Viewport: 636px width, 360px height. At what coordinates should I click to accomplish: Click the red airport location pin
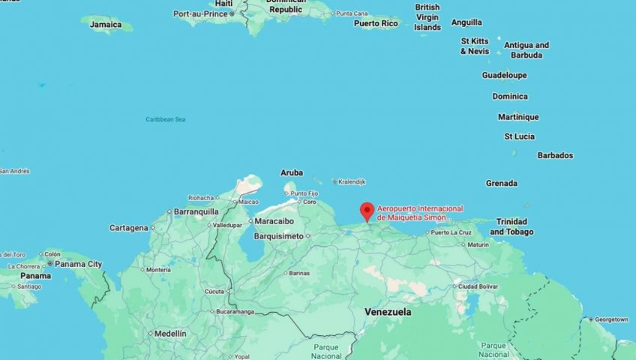click(x=367, y=211)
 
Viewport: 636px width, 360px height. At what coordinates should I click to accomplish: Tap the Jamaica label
click(x=106, y=25)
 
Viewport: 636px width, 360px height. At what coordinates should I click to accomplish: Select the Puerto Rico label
click(x=376, y=23)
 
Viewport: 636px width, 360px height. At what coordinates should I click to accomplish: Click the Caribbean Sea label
click(x=166, y=119)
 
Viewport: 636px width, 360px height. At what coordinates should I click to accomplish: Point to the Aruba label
click(x=292, y=172)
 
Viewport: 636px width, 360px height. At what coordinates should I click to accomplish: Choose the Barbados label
click(x=555, y=155)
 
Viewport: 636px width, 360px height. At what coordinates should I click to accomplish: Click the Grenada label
click(x=501, y=183)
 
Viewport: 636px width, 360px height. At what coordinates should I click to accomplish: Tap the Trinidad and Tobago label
click(x=511, y=226)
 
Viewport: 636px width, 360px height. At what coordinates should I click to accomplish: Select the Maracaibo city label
click(x=274, y=222)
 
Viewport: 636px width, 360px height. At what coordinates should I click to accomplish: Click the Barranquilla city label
click(x=196, y=212)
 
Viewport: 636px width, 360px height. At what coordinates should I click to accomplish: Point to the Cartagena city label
click(x=129, y=227)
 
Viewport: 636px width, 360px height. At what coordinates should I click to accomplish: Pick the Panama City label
click(x=78, y=264)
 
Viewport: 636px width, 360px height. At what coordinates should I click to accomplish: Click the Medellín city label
click(x=170, y=333)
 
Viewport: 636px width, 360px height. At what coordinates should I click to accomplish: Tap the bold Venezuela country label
click(x=388, y=311)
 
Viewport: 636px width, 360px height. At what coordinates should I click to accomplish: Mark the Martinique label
click(x=518, y=117)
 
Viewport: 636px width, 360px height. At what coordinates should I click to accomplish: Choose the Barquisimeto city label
click(x=277, y=235)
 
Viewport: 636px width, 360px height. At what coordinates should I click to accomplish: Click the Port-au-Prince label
click(x=200, y=13)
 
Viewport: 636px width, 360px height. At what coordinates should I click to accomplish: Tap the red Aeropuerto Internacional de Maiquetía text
click(x=420, y=212)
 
